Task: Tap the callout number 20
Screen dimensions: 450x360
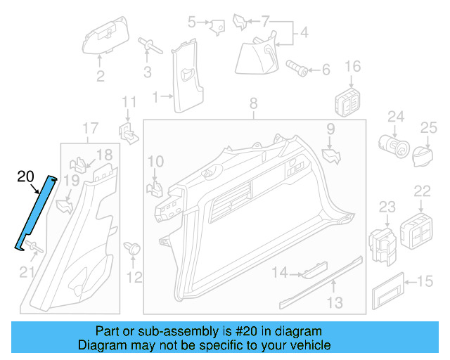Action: tap(25, 176)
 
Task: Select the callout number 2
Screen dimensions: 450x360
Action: tap(101, 76)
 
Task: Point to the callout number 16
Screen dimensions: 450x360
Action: tap(352, 67)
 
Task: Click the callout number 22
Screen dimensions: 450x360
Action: tap(422, 191)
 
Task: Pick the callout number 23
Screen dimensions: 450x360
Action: tap(387, 206)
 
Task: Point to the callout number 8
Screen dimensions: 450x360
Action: tap(254, 106)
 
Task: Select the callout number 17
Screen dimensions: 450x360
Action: tap(91, 128)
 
